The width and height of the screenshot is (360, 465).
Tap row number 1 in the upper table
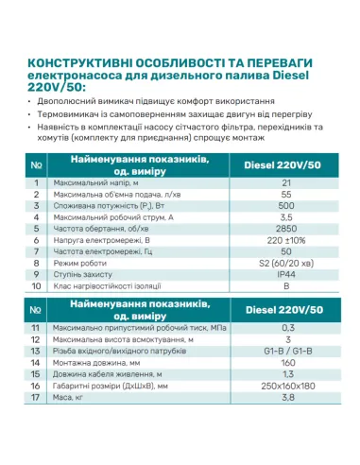(35, 183)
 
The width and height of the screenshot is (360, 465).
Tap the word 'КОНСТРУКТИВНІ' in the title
(77, 59)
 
